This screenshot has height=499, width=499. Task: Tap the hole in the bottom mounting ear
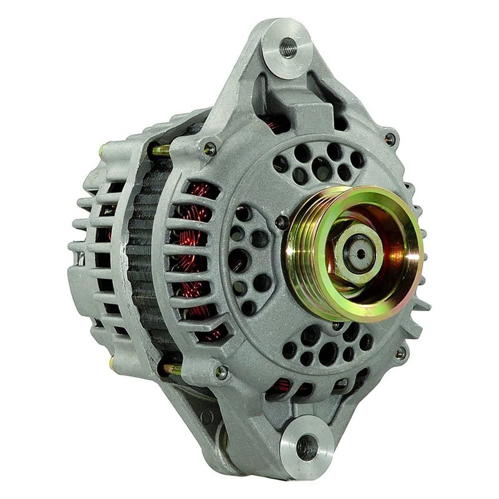(x=306, y=447)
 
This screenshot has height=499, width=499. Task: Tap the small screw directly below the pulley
(x=337, y=326)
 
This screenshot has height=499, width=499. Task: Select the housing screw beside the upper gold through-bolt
(x=210, y=148)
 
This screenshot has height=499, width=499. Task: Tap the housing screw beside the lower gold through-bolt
(x=220, y=373)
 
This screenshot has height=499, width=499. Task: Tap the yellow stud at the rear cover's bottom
(x=112, y=362)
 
